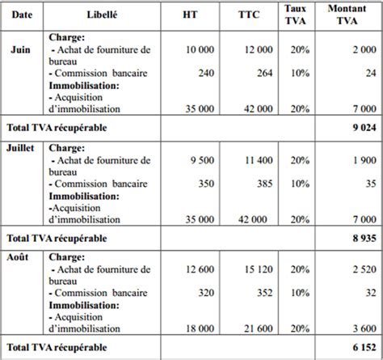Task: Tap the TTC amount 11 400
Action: point(256,160)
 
